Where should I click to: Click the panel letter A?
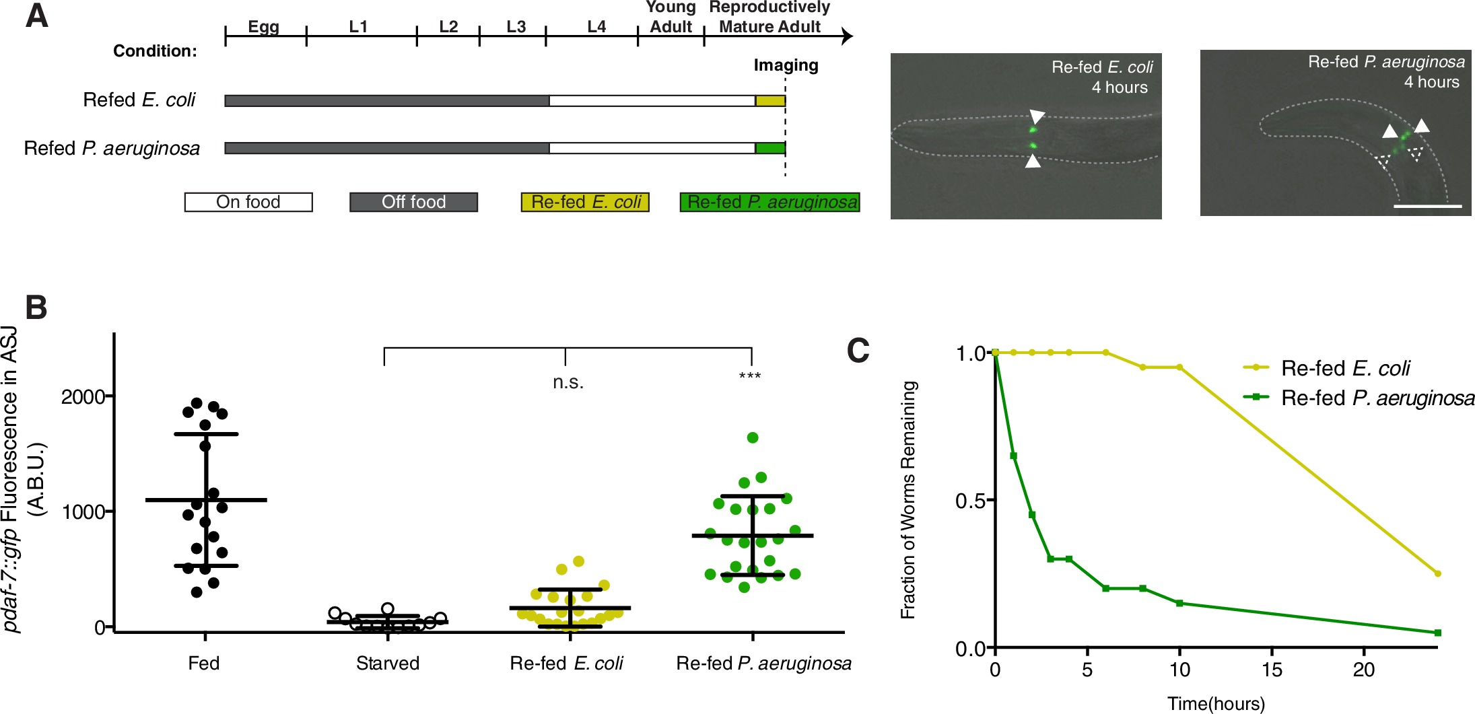tap(37, 15)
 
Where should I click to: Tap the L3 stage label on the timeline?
tap(516, 27)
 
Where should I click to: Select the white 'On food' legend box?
tap(248, 202)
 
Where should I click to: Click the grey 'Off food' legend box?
tap(413, 202)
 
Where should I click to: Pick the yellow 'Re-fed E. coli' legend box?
tap(585, 202)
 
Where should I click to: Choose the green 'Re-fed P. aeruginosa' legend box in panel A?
tap(769, 202)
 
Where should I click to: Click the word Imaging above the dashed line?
tap(786, 65)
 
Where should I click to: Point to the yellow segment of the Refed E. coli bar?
tap(770, 101)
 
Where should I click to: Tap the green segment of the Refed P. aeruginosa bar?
tap(770, 148)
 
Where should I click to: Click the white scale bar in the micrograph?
tap(1427, 206)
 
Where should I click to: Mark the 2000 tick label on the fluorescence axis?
tap(83, 397)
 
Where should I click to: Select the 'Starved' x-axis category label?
tap(388, 664)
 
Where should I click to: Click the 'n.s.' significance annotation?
tap(568, 382)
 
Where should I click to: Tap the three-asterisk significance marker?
tap(750, 376)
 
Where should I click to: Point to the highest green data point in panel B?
tap(753, 437)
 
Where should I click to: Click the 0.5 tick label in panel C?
tap(969, 501)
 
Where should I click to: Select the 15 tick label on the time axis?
tap(1272, 670)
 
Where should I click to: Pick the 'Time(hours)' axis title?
tap(1216, 704)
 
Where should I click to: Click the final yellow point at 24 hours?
tap(1438, 573)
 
